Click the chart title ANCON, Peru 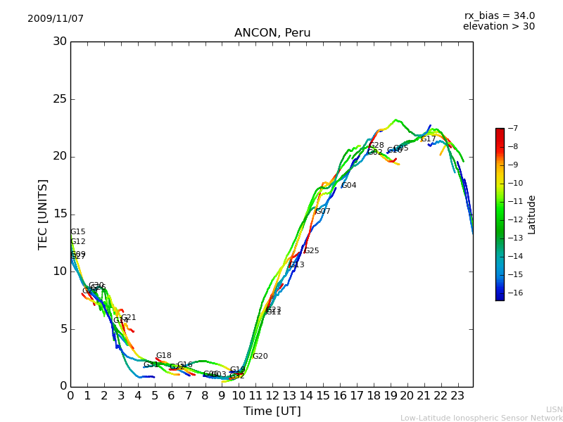tap(272, 33)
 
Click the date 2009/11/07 tap(56, 19)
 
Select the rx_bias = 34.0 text tap(499, 16)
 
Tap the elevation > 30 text tap(498, 27)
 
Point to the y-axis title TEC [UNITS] tap(43, 214)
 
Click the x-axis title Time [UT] tap(272, 411)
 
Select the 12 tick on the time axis tap(272, 395)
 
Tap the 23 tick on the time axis tap(457, 395)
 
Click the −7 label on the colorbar tap(512, 128)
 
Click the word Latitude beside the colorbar tap(532, 214)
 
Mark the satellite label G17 tap(429, 139)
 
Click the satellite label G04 tap(349, 186)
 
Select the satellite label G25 tap(312, 251)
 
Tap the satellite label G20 tap(260, 357)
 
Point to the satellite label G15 tap(78, 232)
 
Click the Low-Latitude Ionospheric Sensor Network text tap(481, 418)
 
